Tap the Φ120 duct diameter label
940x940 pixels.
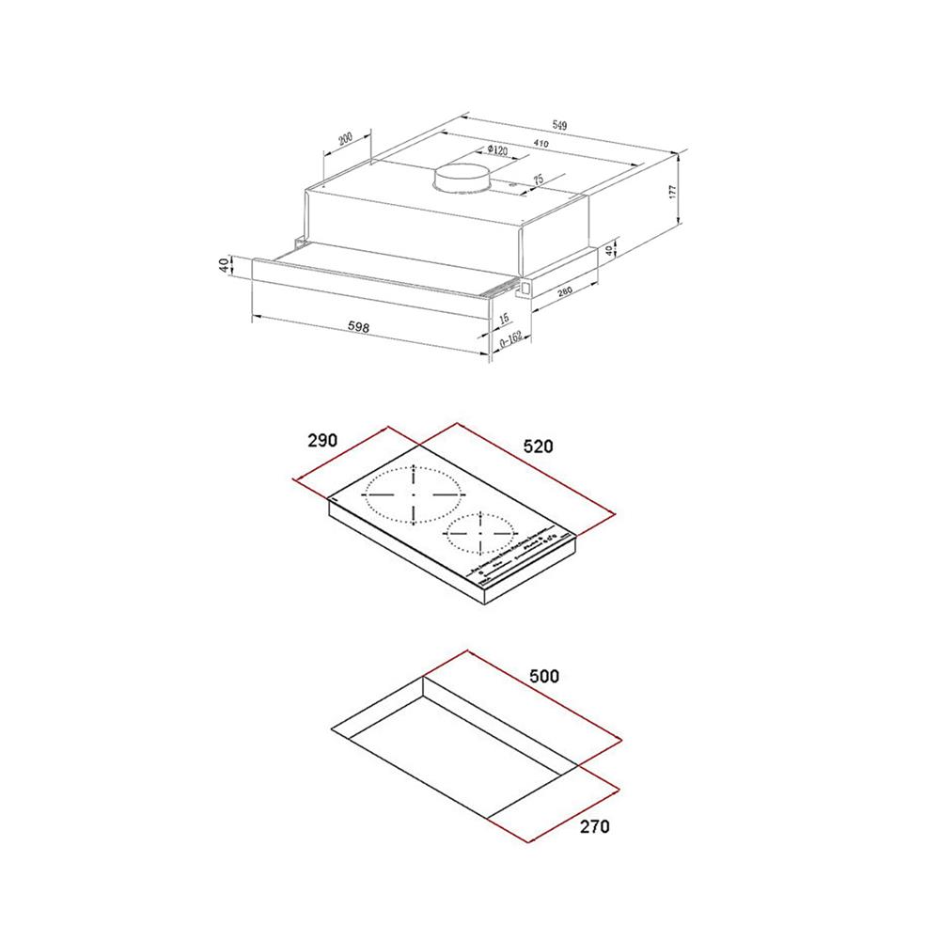pos(497,150)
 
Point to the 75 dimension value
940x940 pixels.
pos(539,179)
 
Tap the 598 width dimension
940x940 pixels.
pos(357,328)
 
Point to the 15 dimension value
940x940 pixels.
pos(505,319)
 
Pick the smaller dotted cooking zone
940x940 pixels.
pos(479,533)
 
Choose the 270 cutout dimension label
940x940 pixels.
pos(594,827)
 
